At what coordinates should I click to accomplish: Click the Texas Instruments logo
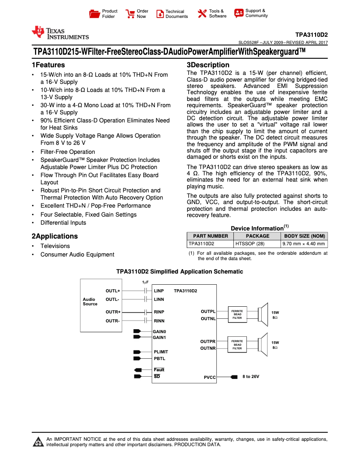point(60,33)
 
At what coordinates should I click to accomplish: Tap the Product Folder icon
point(94,14)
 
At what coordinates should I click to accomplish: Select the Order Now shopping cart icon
point(130,14)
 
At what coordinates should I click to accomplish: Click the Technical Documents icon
point(160,14)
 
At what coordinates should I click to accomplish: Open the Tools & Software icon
point(202,14)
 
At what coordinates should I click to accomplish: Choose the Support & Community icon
point(239,13)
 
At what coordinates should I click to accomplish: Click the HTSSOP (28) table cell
point(257,244)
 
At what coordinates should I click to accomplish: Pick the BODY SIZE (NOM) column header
point(304,236)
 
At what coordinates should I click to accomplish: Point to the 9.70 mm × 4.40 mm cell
point(304,244)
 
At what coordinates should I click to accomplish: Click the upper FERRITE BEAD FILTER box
point(237,314)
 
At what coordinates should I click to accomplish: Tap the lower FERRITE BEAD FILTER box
point(237,344)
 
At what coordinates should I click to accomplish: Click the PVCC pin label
point(210,378)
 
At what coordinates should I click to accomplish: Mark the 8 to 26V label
point(251,377)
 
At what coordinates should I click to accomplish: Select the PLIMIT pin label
point(161,352)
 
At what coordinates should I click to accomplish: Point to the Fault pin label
point(159,369)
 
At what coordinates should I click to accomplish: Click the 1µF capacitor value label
point(145,282)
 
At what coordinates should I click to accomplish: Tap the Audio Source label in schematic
point(90,301)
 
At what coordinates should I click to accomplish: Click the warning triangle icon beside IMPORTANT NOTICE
point(38,442)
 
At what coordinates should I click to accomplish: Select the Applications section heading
point(54,236)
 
